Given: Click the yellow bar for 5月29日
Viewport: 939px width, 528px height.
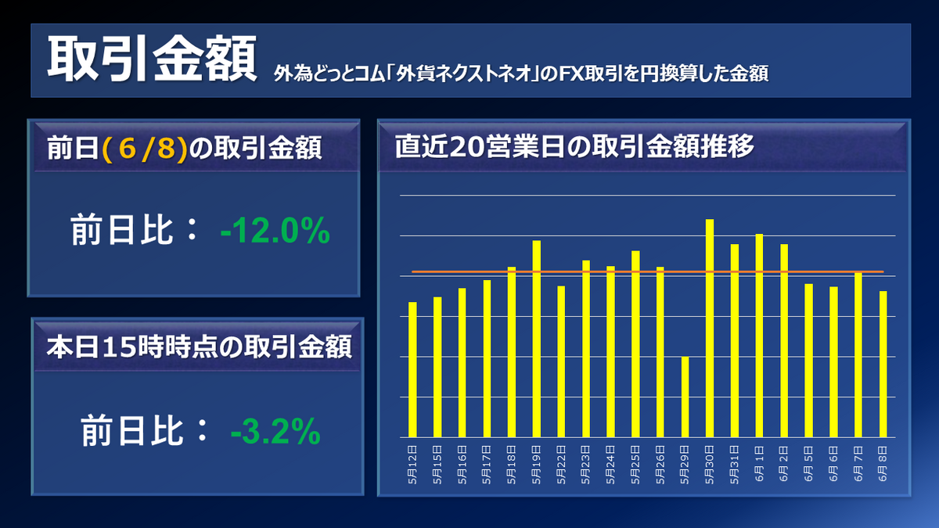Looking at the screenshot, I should pos(685,397).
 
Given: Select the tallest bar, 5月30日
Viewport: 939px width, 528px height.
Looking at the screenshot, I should pos(710,328).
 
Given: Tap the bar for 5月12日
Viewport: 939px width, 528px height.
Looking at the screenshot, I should pos(412,369).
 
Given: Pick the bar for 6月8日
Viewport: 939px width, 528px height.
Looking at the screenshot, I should pos(883,364).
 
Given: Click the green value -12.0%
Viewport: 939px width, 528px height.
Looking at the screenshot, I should pos(275,232).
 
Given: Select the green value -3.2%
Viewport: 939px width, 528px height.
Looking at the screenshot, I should pos(275,430).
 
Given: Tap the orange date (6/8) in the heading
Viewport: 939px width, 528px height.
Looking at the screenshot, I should pos(145,149).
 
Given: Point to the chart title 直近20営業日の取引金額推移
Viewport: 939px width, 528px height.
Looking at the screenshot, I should pos(574,146).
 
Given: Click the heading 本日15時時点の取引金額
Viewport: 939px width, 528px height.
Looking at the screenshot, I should pos(198,346).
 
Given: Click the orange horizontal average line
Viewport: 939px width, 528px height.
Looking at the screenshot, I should pos(647,272).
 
